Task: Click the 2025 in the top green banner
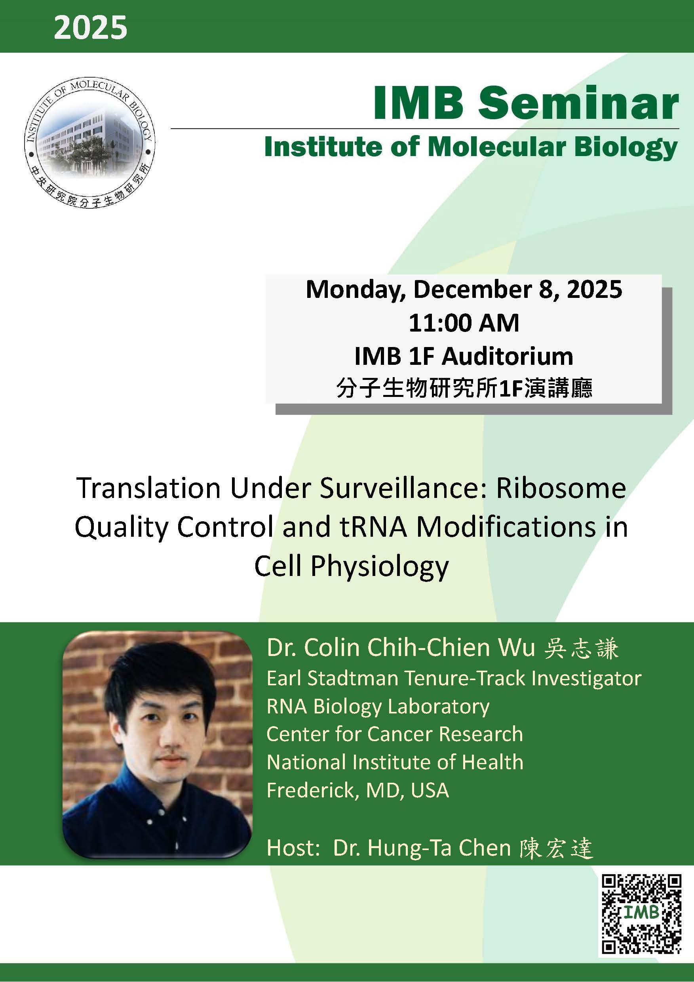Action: [91, 28]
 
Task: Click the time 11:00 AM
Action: [464, 323]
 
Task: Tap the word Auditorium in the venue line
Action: [507, 356]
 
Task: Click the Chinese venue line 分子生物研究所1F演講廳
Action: [464, 388]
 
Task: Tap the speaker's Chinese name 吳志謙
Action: [581, 648]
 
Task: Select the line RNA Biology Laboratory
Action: [378, 707]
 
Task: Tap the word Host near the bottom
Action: [292, 848]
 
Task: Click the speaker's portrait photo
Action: [157, 744]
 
